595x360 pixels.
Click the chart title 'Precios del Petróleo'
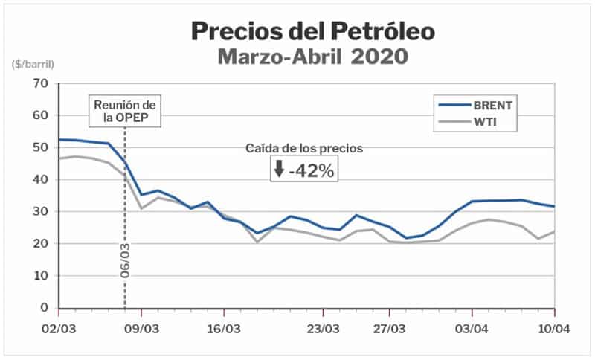(x=312, y=30)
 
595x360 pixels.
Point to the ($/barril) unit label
(x=33, y=65)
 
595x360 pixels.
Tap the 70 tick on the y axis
(x=42, y=83)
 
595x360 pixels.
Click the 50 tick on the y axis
(x=42, y=147)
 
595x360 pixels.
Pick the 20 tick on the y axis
(x=42, y=243)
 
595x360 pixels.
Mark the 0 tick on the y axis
(x=45, y=307)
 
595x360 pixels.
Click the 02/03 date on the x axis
(x=59, y=327)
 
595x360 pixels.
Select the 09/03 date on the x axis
(x=141, y=327)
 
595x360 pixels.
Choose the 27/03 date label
(x=391, y=327)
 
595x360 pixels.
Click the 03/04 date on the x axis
(x=472, y=327)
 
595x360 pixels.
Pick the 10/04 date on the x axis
(x=554, y=327)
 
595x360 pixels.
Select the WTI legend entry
(x=484, y=120)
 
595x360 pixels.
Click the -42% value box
(x=304, y=170)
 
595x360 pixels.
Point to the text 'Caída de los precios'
(x=304, y=148)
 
